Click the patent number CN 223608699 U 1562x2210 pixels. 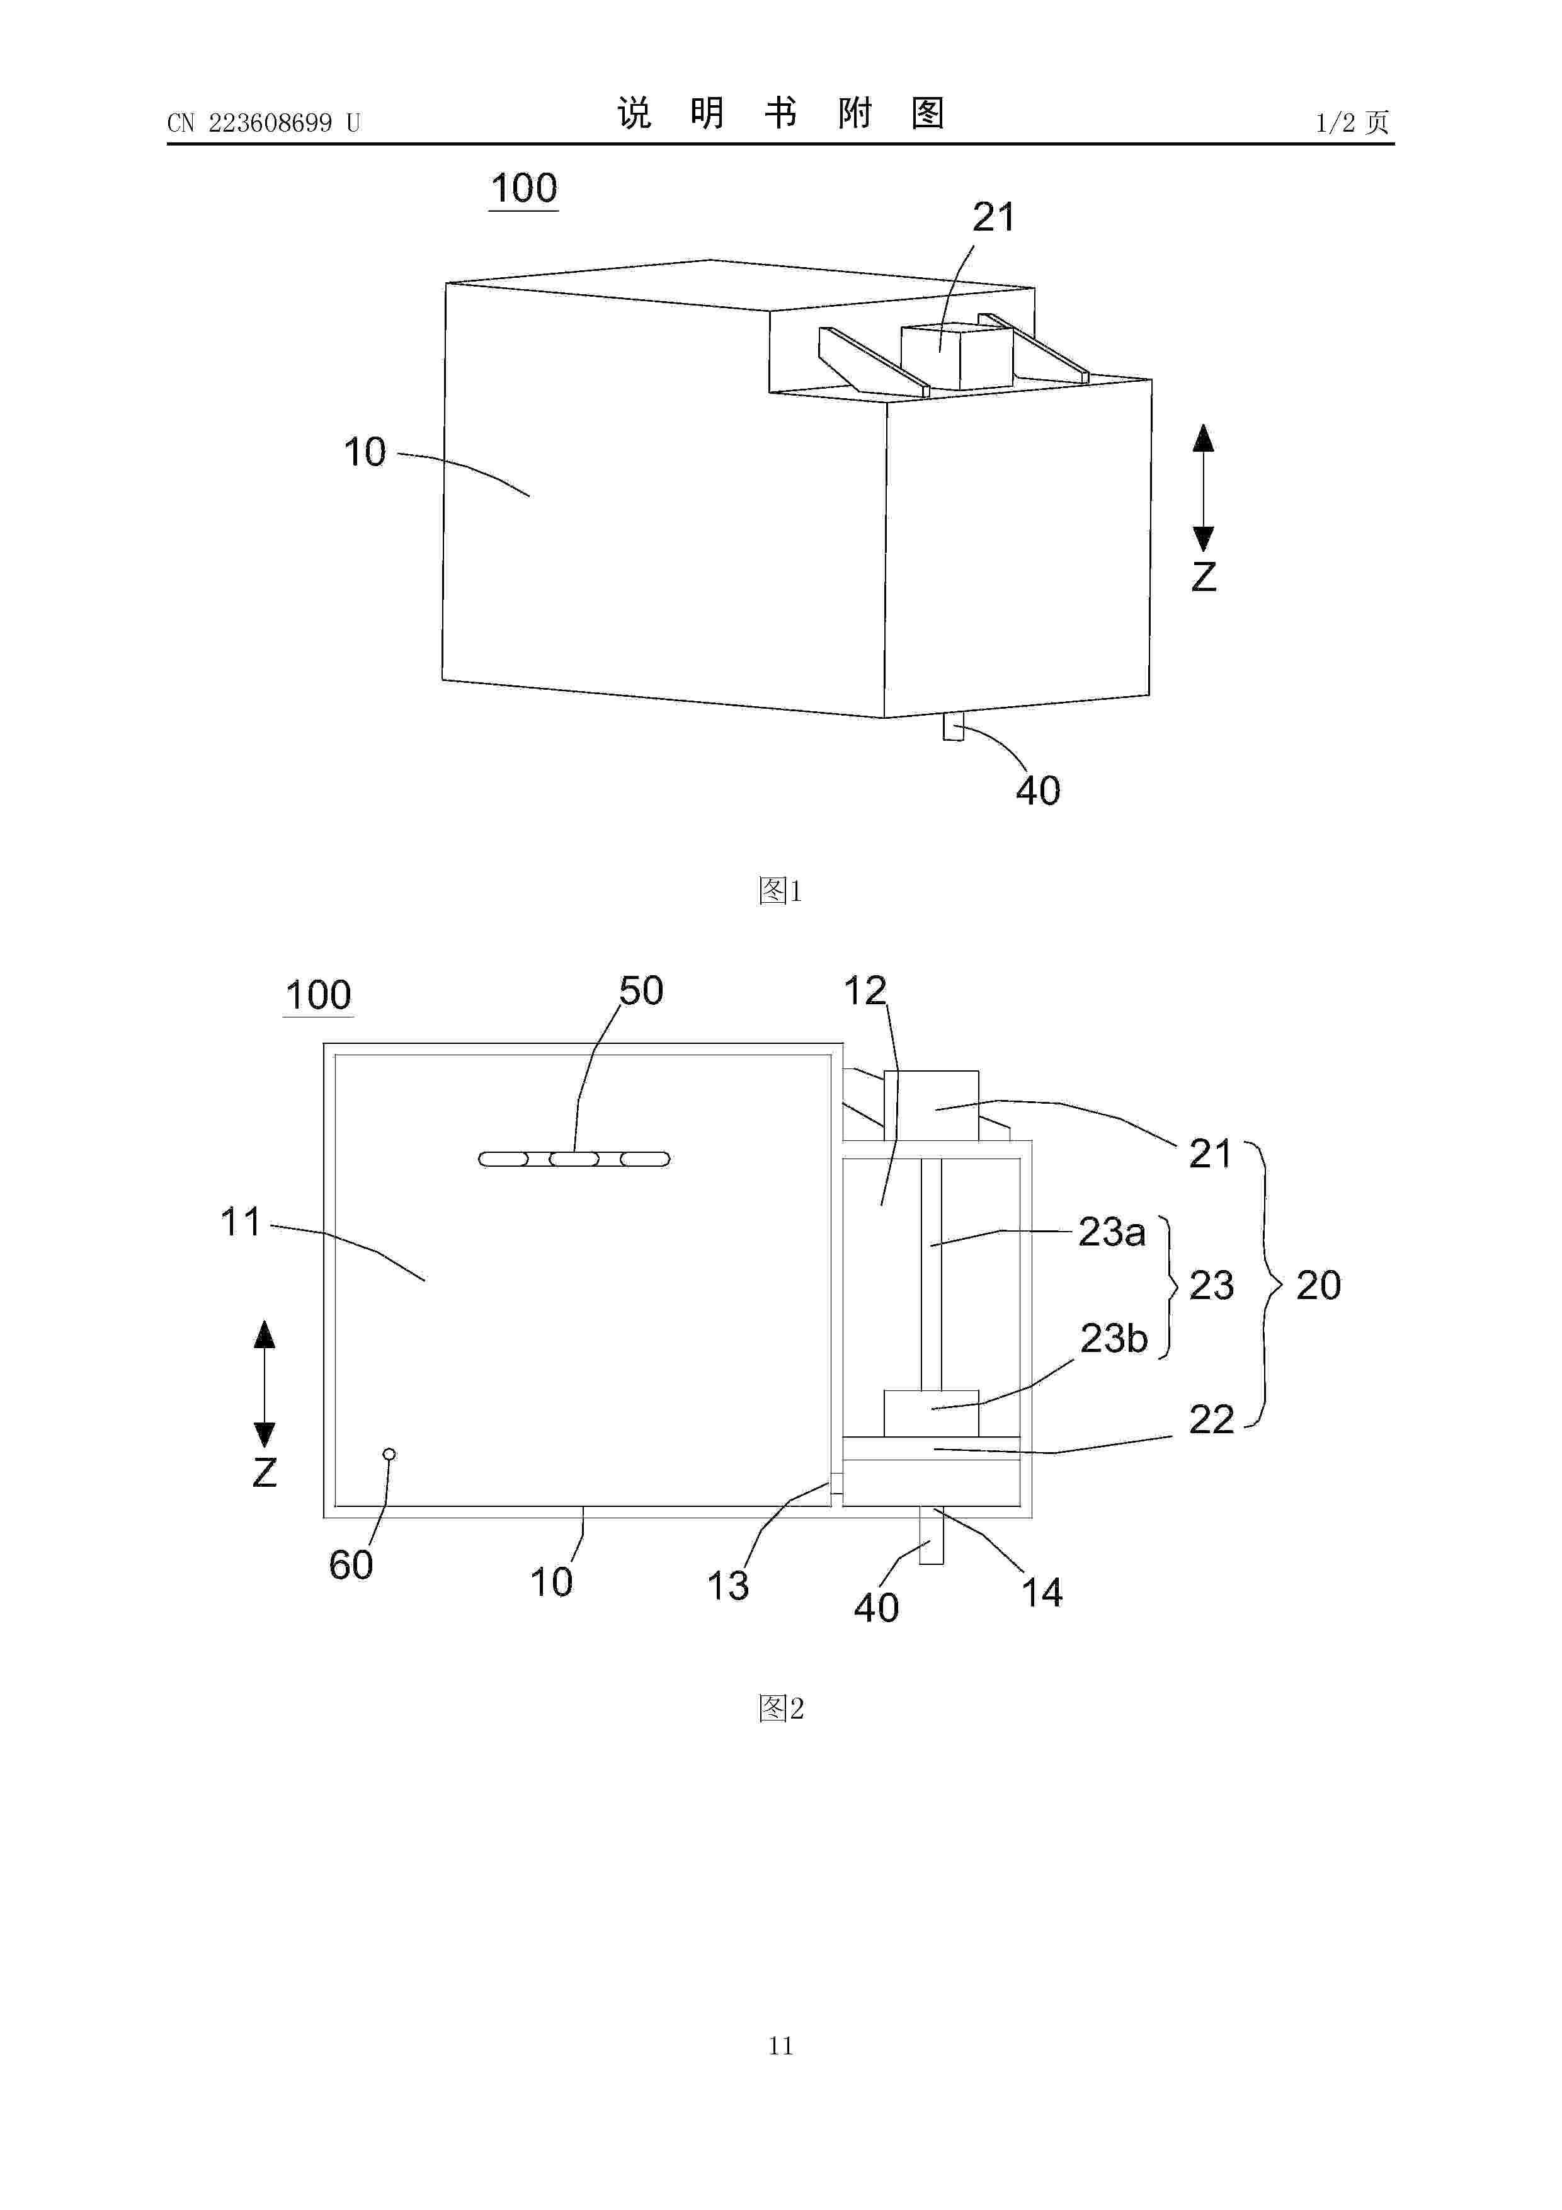coord(264,123)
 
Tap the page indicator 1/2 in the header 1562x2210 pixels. coord(1335,122)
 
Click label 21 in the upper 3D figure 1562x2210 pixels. coord(993,217)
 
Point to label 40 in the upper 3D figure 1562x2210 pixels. coord(1037,791)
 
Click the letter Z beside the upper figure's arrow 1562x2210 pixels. coord(1203,576)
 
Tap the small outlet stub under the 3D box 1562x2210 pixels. coord(953,726)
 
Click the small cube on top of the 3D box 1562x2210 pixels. coord(955,356)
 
